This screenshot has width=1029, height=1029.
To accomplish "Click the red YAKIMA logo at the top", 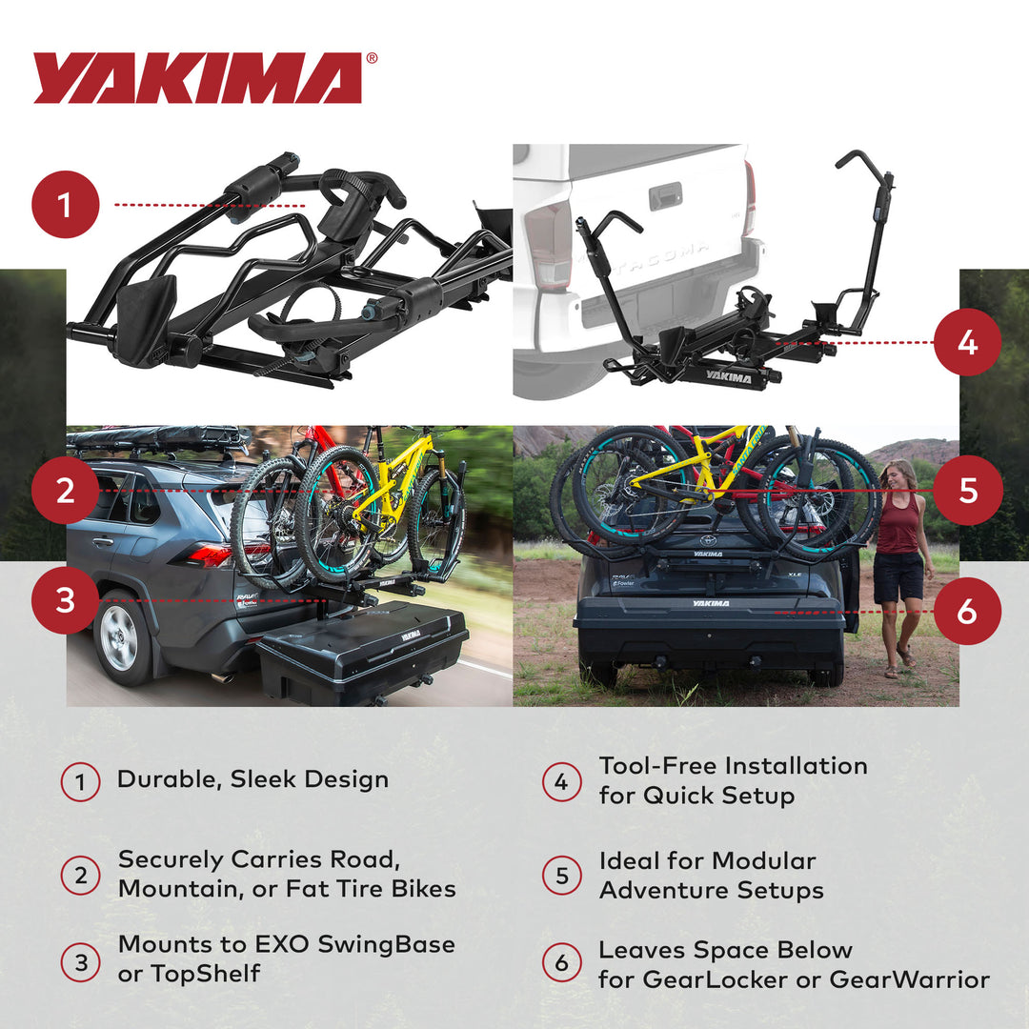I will coord(198,78).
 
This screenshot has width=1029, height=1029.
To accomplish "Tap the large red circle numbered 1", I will coord(66,204).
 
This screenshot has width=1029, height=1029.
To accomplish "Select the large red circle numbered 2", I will coord(66,492).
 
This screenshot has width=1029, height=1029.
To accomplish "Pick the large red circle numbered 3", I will coord(66,601).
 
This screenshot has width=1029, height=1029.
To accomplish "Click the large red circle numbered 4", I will coord(967,341).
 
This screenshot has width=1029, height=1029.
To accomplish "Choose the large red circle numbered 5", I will coord(967,491).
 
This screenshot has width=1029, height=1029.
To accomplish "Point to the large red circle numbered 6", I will coord(967,611).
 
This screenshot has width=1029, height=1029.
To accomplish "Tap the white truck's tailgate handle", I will coord(664,196).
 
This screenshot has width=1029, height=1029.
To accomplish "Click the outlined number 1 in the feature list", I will coord(81,782).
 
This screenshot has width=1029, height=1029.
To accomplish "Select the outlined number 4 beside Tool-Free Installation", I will coord(561,782).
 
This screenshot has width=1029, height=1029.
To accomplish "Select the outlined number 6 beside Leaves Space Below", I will coord(561,962).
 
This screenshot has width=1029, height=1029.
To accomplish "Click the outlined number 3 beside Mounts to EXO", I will coord(81,962).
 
